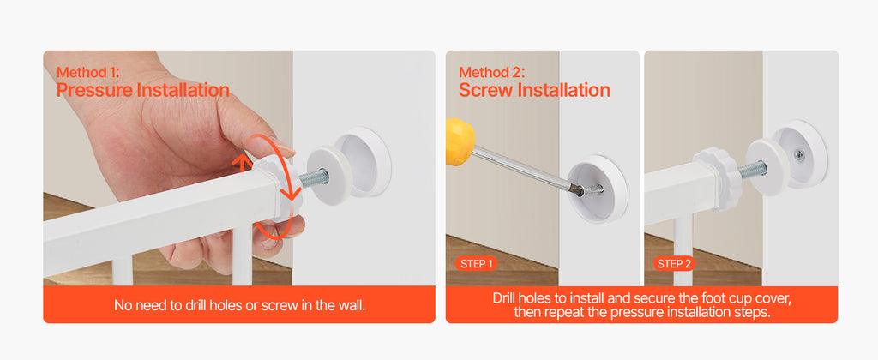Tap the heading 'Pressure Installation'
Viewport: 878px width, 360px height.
142,90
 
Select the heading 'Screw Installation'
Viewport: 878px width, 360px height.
534,90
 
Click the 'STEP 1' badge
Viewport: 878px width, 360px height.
478,263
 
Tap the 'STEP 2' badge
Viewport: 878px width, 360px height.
675,263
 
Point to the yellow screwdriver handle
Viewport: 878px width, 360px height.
460,141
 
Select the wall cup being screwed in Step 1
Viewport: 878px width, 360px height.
598,184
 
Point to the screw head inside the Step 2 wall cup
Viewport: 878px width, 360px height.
798,154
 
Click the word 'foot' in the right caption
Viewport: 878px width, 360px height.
695,298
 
